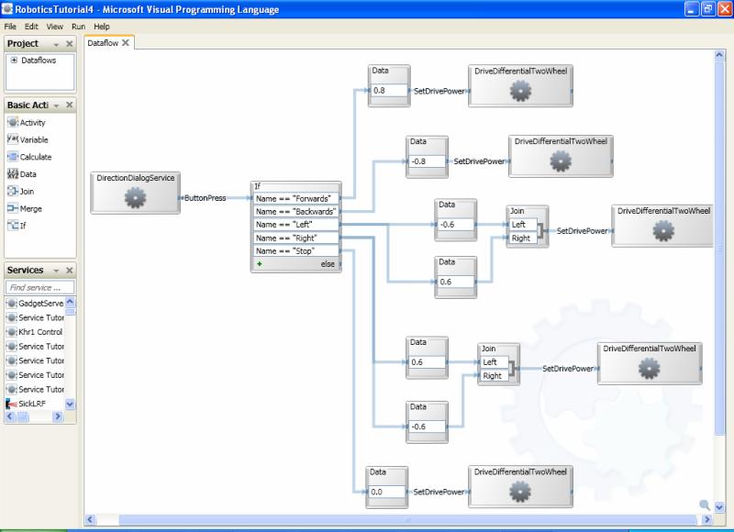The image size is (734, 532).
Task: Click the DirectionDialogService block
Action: (x=135, y=192)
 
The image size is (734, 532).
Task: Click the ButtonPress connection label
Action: (x=205, y=198)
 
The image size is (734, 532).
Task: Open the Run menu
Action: (x=79, y=27)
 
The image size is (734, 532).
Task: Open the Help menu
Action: (x=101, y=27)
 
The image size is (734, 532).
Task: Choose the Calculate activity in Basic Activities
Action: (x=35, y=157)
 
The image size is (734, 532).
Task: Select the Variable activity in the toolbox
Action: (x=34, y=140)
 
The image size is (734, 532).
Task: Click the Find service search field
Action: (x=40, y=287)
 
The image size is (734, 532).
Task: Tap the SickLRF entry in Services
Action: (x=34, y=404)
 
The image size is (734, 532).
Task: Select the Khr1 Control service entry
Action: (x=39, y=332)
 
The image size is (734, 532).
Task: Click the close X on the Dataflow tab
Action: (x=126, y=43)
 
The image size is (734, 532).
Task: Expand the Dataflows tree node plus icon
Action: (x=14, y=61)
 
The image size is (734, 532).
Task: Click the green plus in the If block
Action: (x=260, y=264)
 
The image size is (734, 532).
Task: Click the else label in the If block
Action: (x=328, y=264)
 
